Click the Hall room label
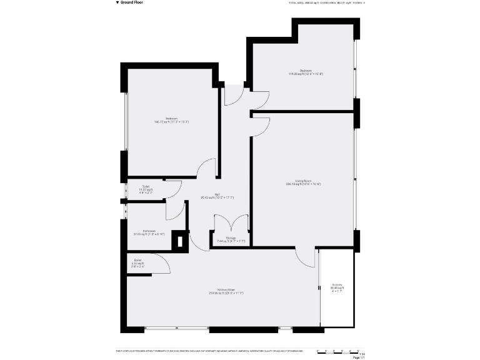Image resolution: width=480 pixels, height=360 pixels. [x=217, y=196]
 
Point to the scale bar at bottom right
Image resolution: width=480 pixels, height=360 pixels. [x=338, y=351]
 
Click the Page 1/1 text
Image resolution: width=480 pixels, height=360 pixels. [x=358, y=357]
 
